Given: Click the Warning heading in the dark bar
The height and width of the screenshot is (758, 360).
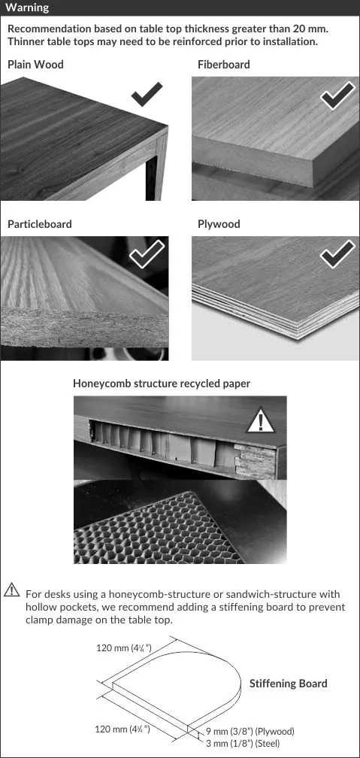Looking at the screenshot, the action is coord(27,8).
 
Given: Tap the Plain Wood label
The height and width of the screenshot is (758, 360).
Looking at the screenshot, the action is coord(35,65).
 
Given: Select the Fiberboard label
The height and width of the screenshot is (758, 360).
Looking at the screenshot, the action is coord(224,65).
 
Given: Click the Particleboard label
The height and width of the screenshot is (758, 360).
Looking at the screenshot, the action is coord(40,224).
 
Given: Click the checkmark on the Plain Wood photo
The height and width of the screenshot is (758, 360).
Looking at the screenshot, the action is coord(147,94).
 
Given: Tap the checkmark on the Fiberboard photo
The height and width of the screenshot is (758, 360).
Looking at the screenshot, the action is coord(337,96).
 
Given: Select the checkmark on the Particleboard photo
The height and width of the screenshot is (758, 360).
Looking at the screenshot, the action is coord(147,253).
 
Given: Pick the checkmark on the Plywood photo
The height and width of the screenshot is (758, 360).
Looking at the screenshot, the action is coord(337,254).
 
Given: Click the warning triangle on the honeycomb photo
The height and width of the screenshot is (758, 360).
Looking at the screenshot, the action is coord(261,420).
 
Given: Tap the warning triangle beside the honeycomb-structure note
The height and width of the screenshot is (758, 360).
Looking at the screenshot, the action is coord(11,590).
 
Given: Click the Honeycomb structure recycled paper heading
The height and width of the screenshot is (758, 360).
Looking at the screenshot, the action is coord(162,384).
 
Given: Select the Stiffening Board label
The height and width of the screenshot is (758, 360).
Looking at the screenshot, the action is coord(288,684).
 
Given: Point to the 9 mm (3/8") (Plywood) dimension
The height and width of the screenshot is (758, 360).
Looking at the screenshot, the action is coord(250,732).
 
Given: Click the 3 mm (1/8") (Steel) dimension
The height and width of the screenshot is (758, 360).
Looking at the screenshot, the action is coord(243,744).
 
